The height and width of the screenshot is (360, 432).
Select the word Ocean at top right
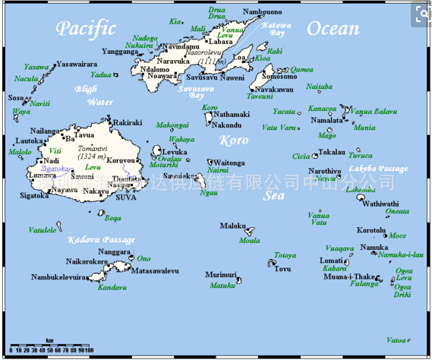tap(333, 29)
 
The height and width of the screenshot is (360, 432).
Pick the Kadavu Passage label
tap(101, 240)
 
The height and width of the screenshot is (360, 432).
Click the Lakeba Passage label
tap(378, 169)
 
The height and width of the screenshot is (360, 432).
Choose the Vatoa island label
tap(396, 339)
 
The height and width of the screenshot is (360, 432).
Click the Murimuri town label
tap(220, 274)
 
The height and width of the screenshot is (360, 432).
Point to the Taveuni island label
tap(260, 97)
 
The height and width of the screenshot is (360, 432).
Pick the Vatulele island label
tap(43, 229)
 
